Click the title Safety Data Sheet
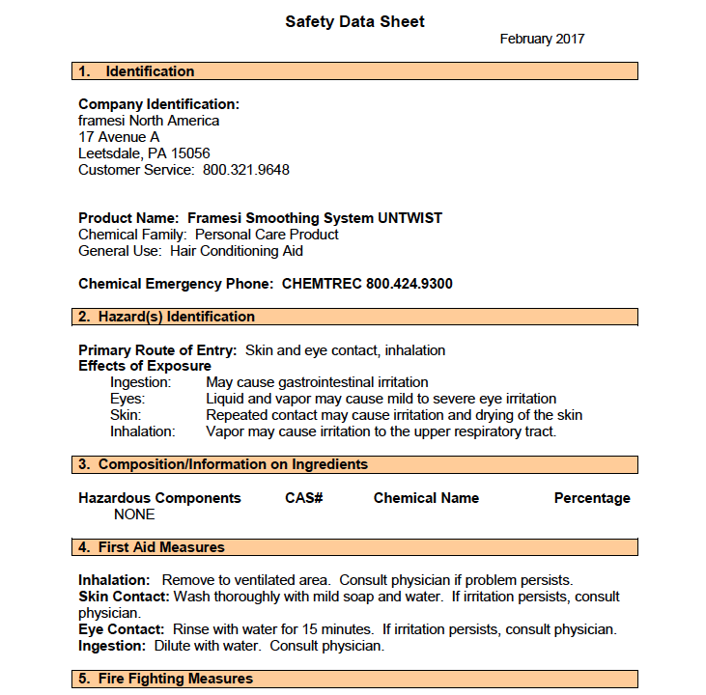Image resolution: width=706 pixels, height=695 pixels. tap(354, 21)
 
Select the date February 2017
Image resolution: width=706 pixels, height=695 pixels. tap(542, 40)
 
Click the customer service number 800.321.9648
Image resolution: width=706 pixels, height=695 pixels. tap(246, 170)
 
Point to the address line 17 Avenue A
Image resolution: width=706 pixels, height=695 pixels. tap(119, 137)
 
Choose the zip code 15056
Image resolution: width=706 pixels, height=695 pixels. tap(191, 153)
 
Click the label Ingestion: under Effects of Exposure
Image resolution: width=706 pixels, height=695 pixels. tap(141, 382)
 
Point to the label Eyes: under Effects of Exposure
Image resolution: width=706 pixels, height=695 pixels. tap(127, 399)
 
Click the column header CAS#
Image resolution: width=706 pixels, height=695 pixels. tap(303, 498)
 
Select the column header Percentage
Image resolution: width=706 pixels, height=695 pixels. tap(592, 498)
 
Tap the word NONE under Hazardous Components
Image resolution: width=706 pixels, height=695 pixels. tap(134, 514)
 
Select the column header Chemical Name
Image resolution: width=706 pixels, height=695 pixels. tap(426, 498)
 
